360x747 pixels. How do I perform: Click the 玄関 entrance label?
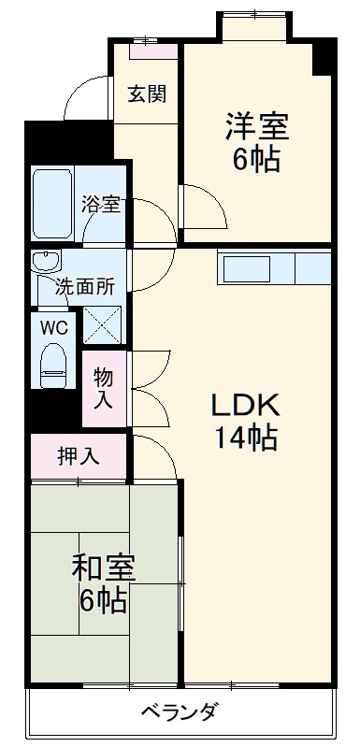pos(148,94)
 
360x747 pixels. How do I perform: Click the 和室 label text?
pos(104,567)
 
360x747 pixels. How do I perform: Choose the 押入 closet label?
pos(78,456)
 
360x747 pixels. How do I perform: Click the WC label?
pos(51,327)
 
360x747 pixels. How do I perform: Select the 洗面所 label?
pos(84,287)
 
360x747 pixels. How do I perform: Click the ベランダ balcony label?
pos(180,712)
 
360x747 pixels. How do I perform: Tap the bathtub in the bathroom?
pos(53,207)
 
